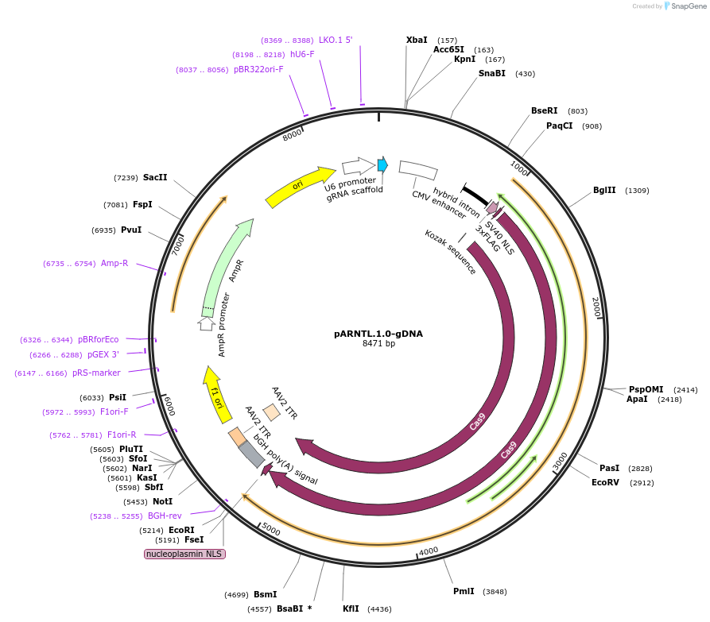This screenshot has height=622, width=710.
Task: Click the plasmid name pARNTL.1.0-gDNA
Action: pyautogui.click(x=378, y=334)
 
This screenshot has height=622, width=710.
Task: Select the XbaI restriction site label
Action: pyautogui.click(x=417, y=40)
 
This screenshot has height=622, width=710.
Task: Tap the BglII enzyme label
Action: pyautogui.click(x=604, y=190)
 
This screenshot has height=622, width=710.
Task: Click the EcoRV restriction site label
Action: pyautogui.click(x=606, y=482)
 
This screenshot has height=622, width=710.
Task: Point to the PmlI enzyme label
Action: pyautogui.click(x=464, y=591)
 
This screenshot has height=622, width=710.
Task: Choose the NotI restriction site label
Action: pyautogui.click(x=162, y=501)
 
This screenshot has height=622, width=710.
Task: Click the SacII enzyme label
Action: pyautogui.click(x=155, y=177)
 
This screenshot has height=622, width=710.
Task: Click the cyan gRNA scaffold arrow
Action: pyautogui.click(x=382, y=164)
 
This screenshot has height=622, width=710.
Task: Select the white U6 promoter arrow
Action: pyautogui.click(x=359, y=166)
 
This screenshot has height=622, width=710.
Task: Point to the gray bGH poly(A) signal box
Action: pyautogui.click(x=252, y=454)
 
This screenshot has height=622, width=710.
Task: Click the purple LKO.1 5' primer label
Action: pyautogui.click(x=336, y=40)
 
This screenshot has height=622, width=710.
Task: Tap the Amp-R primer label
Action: pyautogui.click(x=114, y=263)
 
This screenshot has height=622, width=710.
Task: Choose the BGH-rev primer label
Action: pyautogui.click(x=165, y=516)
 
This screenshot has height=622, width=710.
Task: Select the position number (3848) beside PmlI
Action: pyautogui.click(x=495, y=591)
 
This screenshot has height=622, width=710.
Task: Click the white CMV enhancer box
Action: pyautogui.click(x=417, y=170)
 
